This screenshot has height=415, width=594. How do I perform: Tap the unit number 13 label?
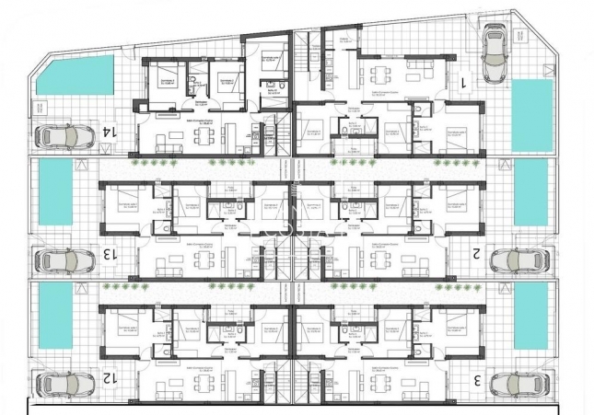pyautogui.click(x=109, y=253)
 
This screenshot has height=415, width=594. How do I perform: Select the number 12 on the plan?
pyautogui.click(x=109, y=377)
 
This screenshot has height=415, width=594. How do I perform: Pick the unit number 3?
pyautogui.click(x=477, y=378)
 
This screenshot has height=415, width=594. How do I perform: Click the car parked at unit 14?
pyautogui.click(x=64, y=137)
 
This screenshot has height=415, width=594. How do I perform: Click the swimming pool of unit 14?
pyautogui.click(x=75, y=75)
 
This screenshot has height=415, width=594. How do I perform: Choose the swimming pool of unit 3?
pyautogui.click(x=530, y=316)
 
